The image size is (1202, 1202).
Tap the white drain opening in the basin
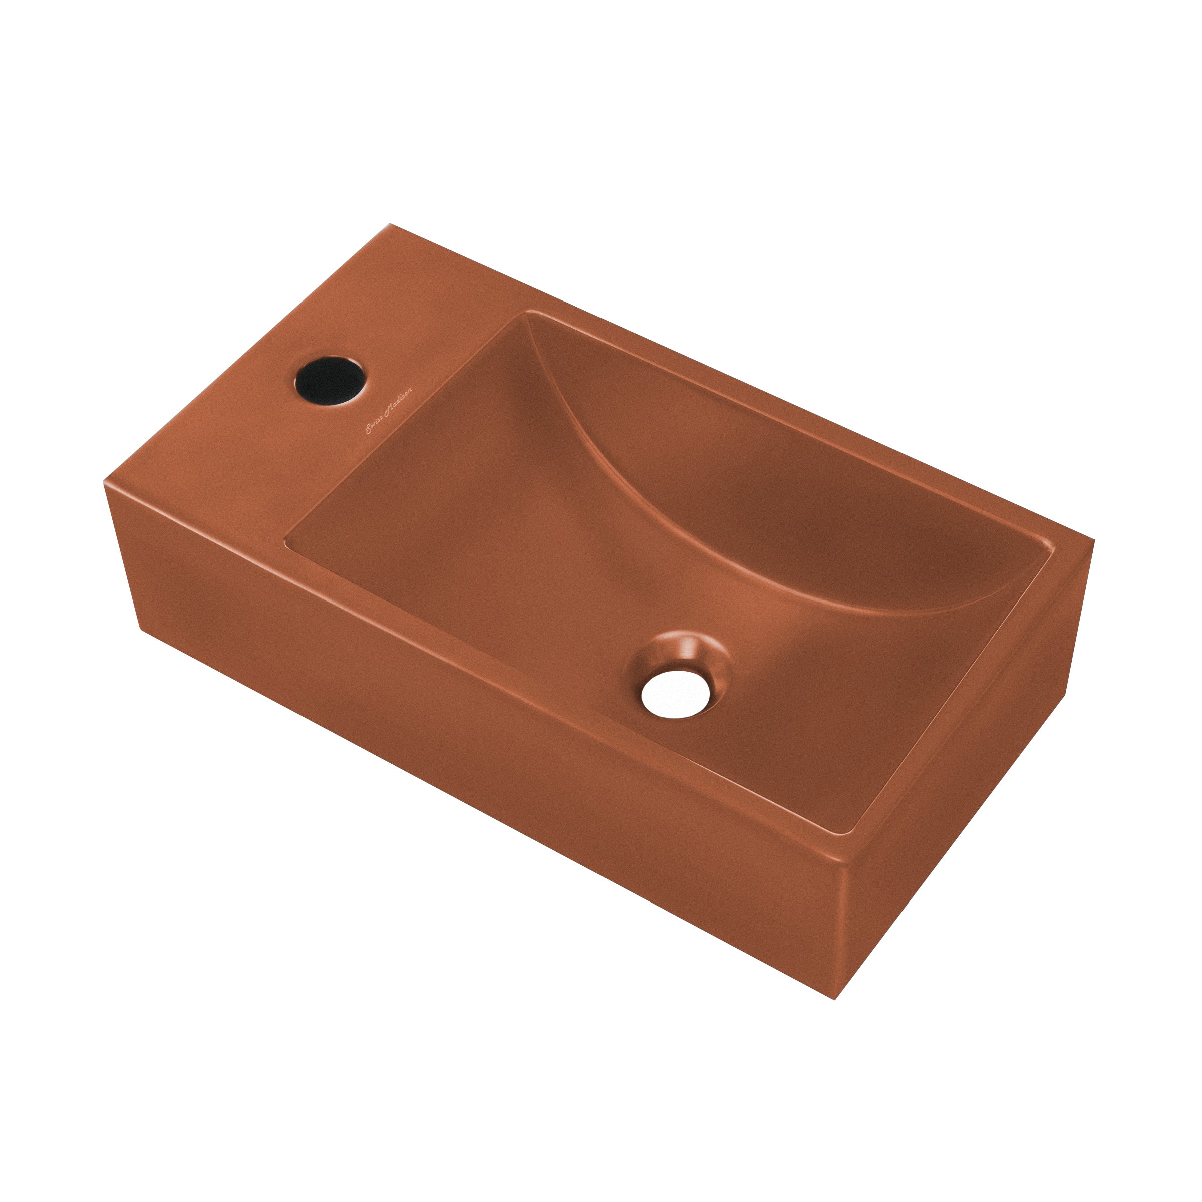point(676,690)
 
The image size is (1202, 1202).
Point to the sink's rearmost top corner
point(390,224)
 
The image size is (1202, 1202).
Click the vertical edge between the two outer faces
point(840,933)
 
